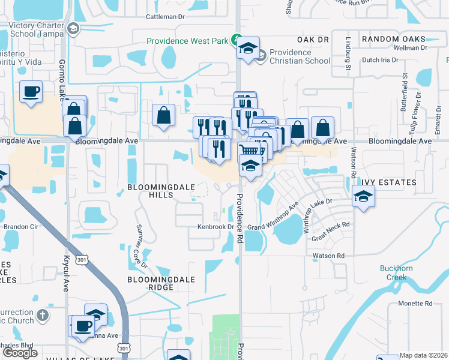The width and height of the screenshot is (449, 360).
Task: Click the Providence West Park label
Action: coord(188,41)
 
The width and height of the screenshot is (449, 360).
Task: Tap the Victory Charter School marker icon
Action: coord(73,28)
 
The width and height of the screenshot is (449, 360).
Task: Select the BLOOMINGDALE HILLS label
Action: coord(161,191)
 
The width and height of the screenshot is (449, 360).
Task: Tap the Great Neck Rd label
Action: coord(330,232)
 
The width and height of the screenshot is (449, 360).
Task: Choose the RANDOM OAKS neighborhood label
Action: coord(394,39)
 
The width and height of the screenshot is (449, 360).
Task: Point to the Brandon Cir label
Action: coord(20,227)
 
